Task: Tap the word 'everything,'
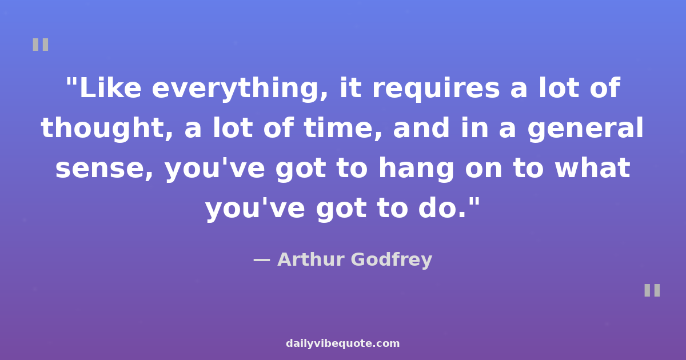click(x=240, y=90)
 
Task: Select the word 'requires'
click(x=436, y=90)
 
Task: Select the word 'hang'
click(x=416, y=170)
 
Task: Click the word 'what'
click(x=593, y=167)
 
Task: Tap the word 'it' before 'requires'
click(x=350, y=88)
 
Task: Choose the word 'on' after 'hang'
click(x=484, y=170)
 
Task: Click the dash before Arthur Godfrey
click(x=262, y=260)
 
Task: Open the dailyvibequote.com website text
click(x=342, y=343)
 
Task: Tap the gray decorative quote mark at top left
click(x=41, y=45)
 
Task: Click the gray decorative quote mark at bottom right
click(x=652, y=290)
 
